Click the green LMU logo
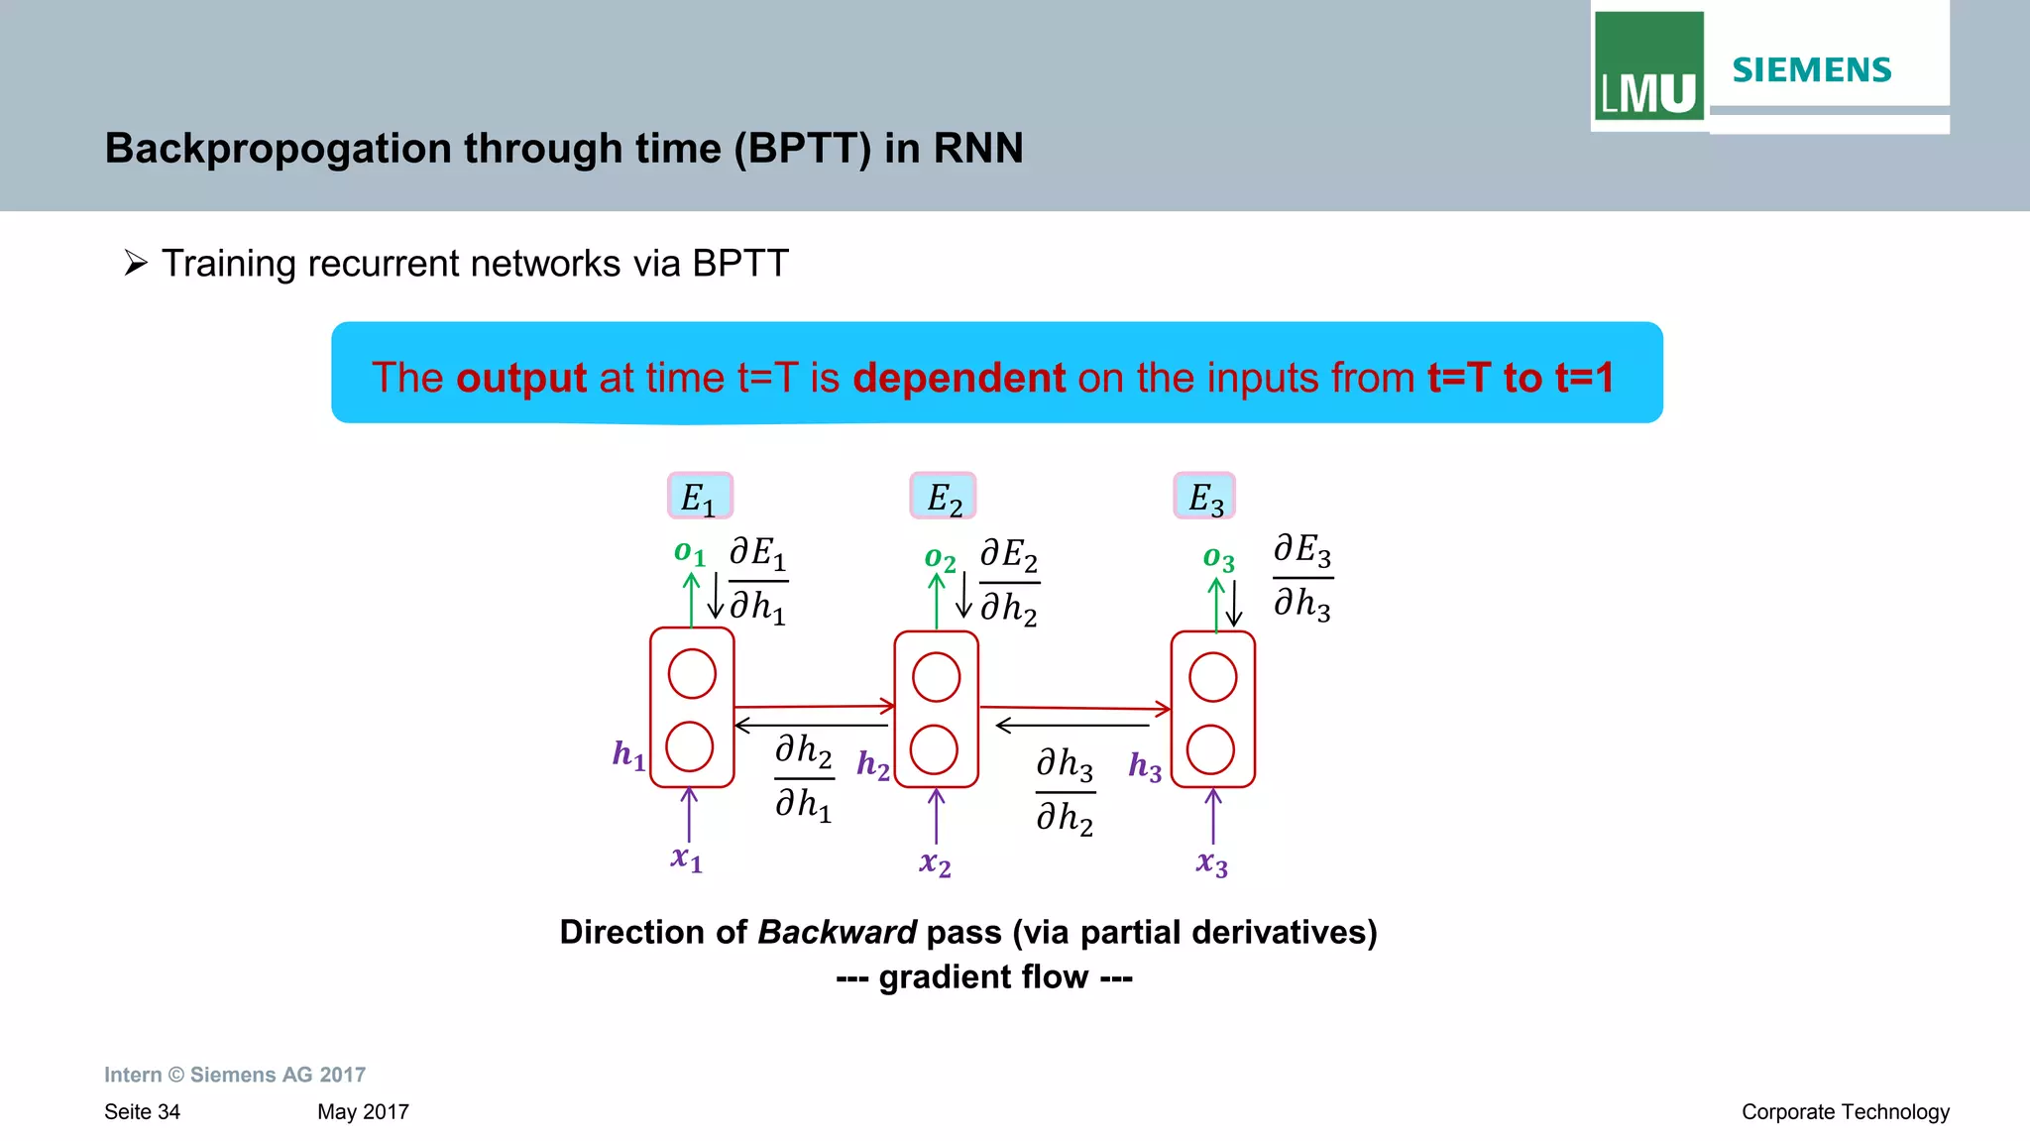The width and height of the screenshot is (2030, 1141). click(x=1648, y=66)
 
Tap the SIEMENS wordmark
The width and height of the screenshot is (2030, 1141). click(x=1811, y=70)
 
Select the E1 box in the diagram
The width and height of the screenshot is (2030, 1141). click(x=700, y=497)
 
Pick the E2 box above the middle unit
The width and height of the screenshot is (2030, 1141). click(x=944, y=497)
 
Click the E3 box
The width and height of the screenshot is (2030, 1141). click(x=1204, y=497)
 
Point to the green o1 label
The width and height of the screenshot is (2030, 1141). click(x=689, y=553)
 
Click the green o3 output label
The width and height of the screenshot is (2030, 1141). click(x=1218, y=559)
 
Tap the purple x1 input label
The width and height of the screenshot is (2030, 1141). click(x=686, y=858)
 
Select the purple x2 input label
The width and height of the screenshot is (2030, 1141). click(x=935, y=863)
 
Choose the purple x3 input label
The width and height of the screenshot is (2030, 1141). click(x=1211, y=863)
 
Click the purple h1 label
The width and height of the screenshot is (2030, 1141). click(x=628, y=755)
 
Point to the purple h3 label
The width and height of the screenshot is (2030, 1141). click(x=1145, y=766)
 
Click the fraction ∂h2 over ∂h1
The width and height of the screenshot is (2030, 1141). click(x=804, y=778)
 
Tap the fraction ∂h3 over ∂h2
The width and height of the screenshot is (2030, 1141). click(x=1065, y=792)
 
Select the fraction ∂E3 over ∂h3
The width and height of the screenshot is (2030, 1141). click(x=1302, y=577)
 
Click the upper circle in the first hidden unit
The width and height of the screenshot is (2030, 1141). click(x=692, y=674)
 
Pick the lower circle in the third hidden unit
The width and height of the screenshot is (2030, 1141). click(x=1210, y=749)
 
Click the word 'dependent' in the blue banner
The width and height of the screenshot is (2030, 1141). click(x=959, y=378)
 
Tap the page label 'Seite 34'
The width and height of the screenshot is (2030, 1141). click(x=142, y=1112)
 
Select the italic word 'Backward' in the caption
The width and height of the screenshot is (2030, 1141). click(x=838, y=933)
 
